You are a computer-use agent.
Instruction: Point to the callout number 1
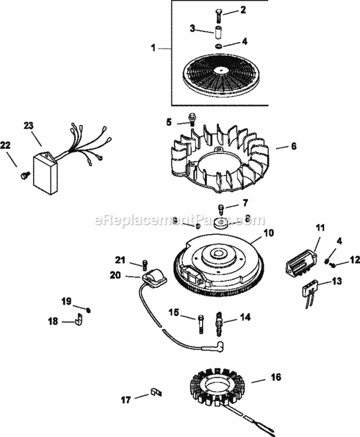click(x=154, y=48)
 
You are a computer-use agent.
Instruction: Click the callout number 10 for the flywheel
click(x=269, y=234)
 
